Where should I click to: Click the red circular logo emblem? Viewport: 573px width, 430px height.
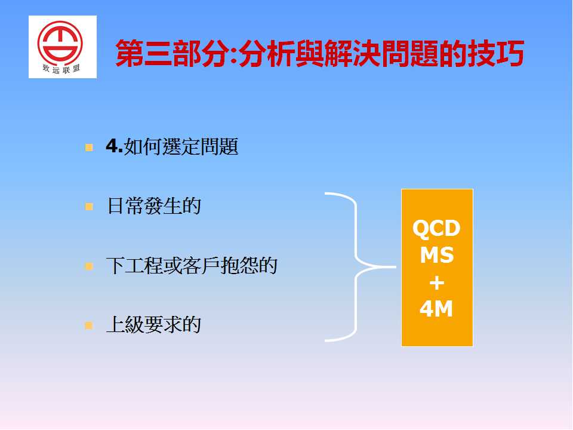point(60,43)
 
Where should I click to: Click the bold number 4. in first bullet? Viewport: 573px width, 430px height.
point(114,146)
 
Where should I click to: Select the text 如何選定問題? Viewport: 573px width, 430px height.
point(181,147)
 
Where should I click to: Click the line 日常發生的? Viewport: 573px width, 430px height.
point(153,206)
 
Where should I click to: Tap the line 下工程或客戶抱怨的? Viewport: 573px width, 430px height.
point(192,265)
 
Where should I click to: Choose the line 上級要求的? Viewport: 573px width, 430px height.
point(153,324)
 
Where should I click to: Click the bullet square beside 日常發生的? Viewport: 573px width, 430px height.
point(89,207)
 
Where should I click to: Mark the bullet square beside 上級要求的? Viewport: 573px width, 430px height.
point(89,325)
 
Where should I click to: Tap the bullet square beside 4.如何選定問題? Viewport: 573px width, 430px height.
point(89,148)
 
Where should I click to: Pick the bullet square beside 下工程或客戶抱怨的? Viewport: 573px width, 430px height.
point(89,266)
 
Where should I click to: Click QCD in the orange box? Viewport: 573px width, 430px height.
point(436,228)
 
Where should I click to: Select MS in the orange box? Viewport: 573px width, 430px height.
point(437,255)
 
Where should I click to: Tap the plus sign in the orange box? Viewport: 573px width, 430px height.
point(437,282)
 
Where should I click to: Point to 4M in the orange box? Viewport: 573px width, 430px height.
point(436,309)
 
